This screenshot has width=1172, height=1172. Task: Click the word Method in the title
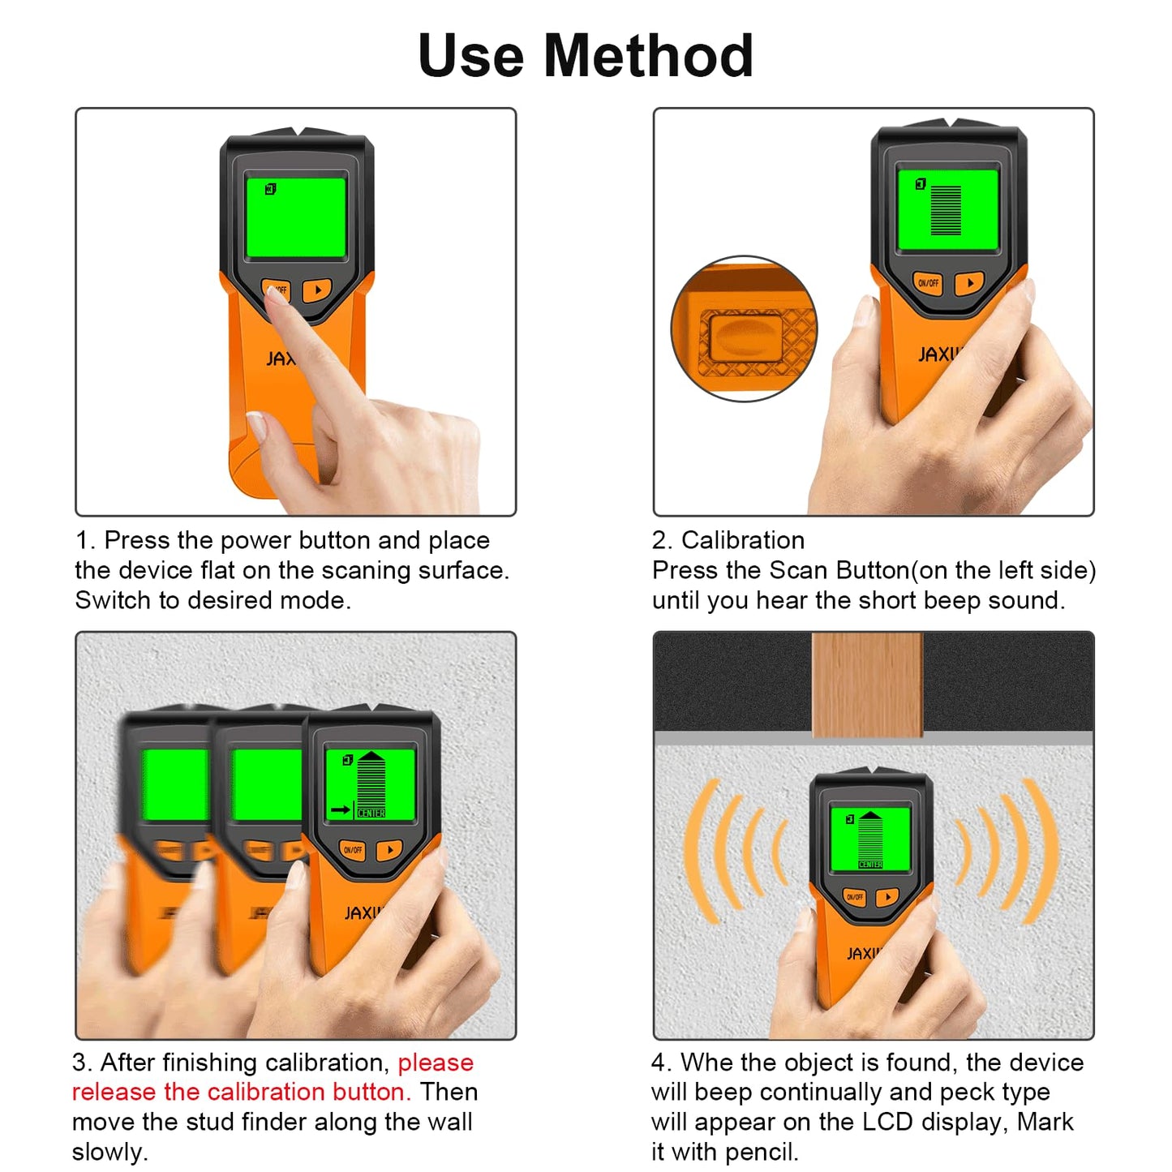pos(648,56)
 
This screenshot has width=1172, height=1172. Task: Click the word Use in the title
pos(470,56)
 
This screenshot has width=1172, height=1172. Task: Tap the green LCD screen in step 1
pos(296,217)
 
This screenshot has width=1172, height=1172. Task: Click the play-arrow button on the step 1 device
pos(317,290)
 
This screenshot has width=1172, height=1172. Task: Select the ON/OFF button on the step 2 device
pos(928,283)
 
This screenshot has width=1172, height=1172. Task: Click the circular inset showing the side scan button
pos(744,329)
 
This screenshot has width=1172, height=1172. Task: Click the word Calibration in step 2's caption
pos(742,540)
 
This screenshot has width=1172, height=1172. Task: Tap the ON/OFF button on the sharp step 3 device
pos(353,850)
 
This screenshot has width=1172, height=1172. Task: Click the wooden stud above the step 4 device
pos(866,685)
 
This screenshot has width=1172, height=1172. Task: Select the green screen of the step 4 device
pos(870,839)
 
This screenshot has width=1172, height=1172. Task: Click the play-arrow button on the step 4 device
pos(887,897)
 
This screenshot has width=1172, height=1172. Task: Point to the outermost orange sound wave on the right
pos(1042,852)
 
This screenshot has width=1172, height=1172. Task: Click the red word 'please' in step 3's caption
pos(436,1063)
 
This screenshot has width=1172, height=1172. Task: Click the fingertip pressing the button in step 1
pos(276,294)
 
